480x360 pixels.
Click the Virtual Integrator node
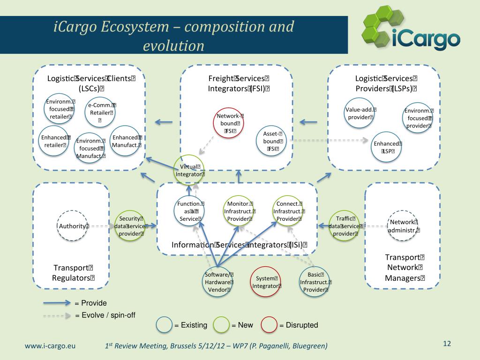tap(189, 170)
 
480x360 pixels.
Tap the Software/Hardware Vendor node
tap(219, 282)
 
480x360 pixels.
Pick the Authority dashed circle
tap(72, 226)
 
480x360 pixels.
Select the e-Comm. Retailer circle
tap(100, 112)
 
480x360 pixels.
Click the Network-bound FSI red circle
tap(230, 123)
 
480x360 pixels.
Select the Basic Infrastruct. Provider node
tap(315, 282)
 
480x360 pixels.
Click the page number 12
tap(446, 344)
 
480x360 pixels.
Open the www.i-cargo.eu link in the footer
tap(50, 346)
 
